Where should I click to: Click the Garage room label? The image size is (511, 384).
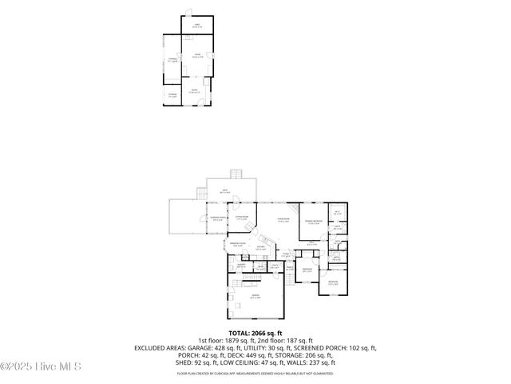click(x=255, y=296)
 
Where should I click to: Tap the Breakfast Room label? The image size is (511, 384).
click(x=238, y=245)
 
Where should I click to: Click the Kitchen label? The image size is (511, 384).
click(x=261, y=248)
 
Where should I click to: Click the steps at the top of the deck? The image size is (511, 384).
click(x=236, y=174)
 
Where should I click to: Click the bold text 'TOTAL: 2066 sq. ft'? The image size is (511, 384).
click(x=255, y=332)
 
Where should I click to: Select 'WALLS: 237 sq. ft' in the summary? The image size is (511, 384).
click(x=315, y=362)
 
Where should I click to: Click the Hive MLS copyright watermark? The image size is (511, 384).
click(x=40, y=366)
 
